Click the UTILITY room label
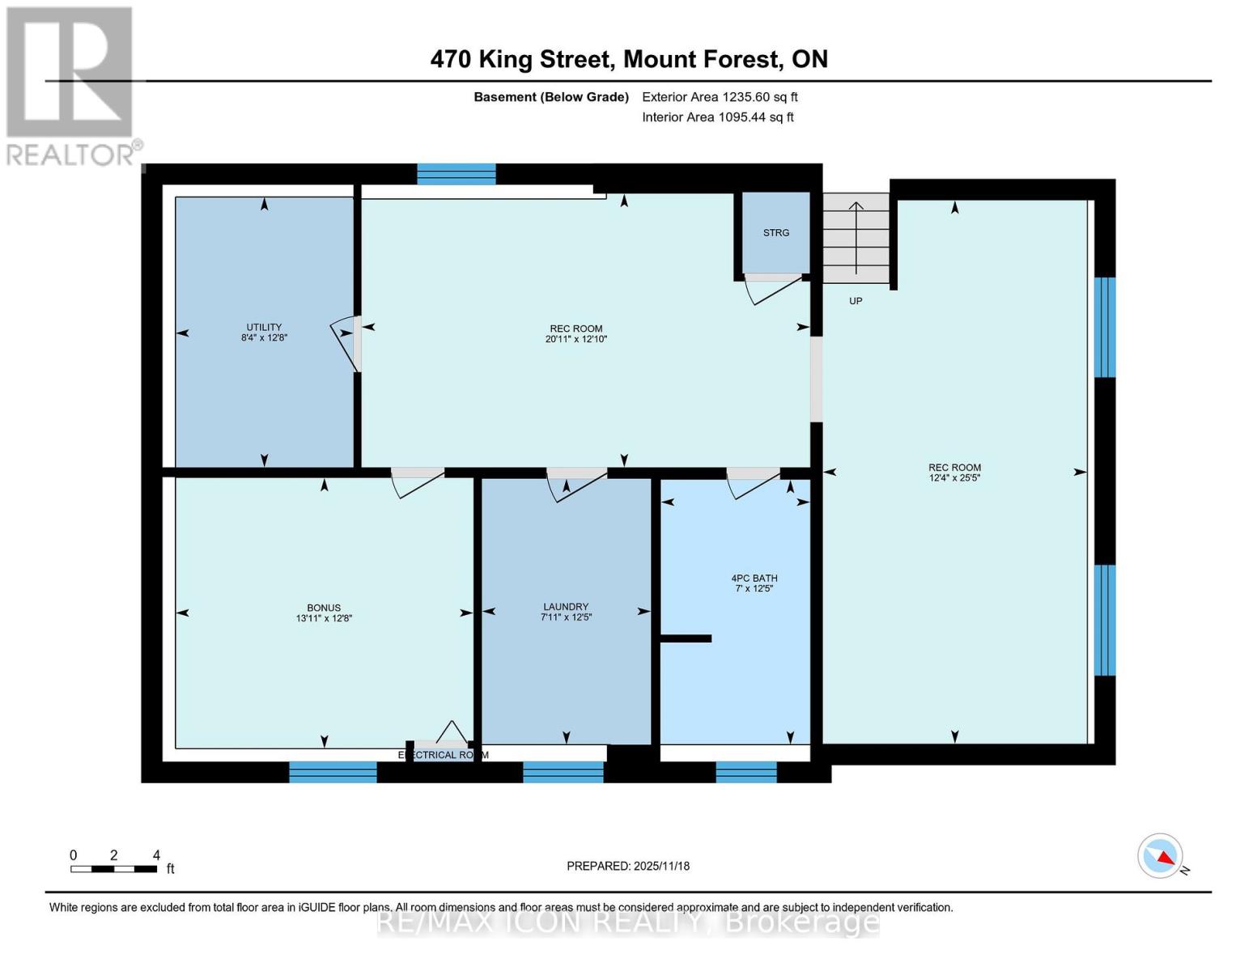(264, 328)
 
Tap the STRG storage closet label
(775, 233)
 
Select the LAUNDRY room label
(566, 607)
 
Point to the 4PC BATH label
(754, 579)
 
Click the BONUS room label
(324, 608)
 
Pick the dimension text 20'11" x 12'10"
(575, 340)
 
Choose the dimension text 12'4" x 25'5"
(954, 478)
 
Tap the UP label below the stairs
(856, 301)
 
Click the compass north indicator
(1161, 856)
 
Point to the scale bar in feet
(113, 869)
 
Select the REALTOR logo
(70, 85)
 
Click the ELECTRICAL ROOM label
(443, 755)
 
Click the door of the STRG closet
(773, 288)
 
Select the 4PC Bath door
(753, 483)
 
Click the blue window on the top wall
(456, 174)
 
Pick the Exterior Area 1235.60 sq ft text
(720, 97)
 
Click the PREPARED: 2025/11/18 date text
(628, 866)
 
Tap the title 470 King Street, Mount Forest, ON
(629, 59)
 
